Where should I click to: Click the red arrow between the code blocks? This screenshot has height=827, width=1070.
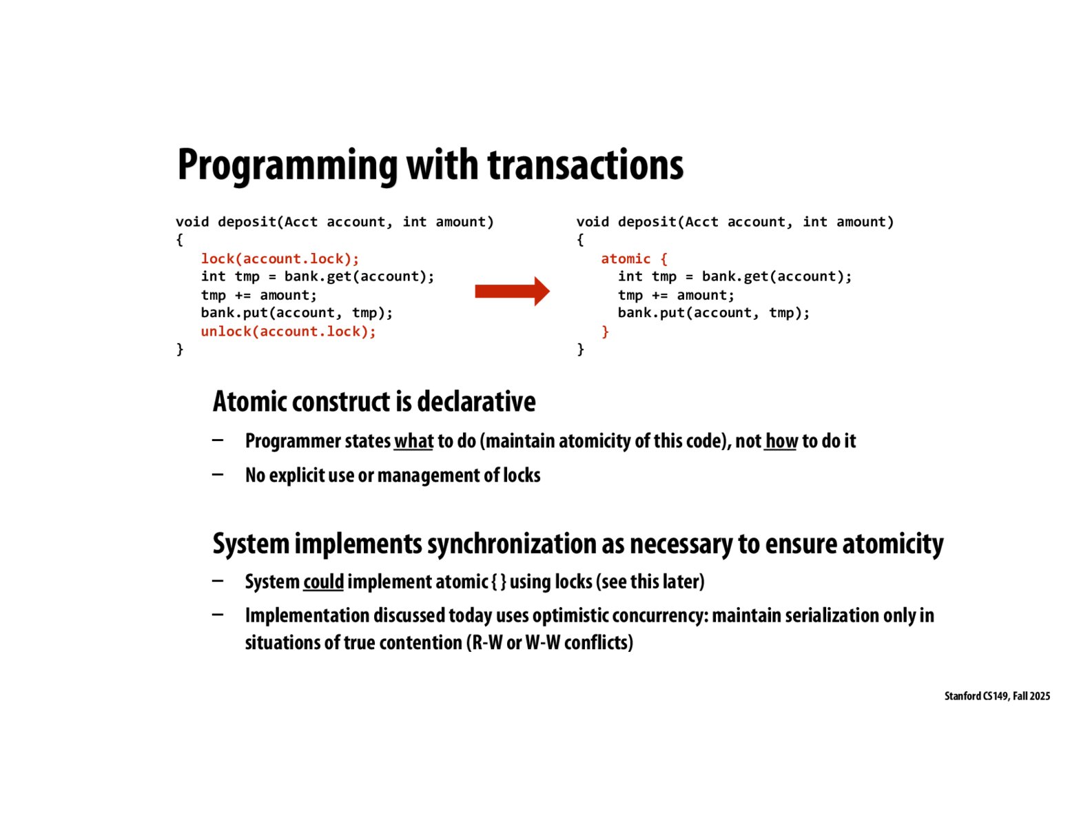point(511,292)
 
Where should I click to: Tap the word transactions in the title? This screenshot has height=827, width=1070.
point(585,165)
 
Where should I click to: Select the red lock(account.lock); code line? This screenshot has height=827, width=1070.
point(280,258)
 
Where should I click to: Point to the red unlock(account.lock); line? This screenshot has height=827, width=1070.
point(288,331)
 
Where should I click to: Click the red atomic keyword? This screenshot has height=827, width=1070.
point(625,258)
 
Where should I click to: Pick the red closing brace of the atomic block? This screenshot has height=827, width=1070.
point(605,331)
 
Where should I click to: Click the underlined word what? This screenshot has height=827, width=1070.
point(413,441)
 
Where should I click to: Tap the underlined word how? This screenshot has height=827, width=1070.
point(781,441)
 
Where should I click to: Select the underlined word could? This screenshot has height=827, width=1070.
point(323,582)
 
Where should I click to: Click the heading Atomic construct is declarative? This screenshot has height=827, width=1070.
point(374,402)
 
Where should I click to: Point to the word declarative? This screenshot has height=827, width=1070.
point(476,402)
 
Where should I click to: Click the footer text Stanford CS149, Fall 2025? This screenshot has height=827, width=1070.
point(996,696)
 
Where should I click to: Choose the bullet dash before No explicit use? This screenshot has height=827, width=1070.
point(218,474)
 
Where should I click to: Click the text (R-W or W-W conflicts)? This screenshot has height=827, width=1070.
point(550,643)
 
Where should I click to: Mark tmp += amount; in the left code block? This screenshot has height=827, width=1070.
point(258,295)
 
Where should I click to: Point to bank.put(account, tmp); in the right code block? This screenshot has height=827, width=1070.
point(713,313)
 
